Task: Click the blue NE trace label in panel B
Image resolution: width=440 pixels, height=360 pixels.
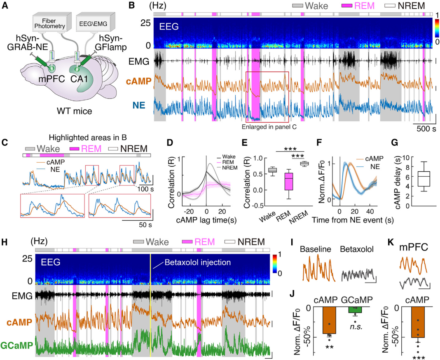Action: [x=139, y=105]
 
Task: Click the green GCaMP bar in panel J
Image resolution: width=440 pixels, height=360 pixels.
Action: [x=356, y=310]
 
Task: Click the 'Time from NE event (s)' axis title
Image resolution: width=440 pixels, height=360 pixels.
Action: [x=353, y=220]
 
